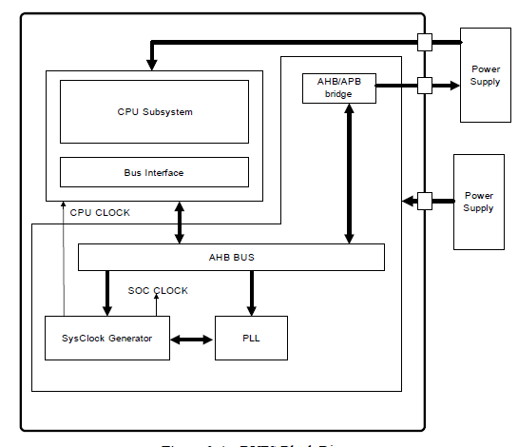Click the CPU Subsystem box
pos(154,111)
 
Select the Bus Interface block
pos(154,172)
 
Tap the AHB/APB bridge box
pos(338,87)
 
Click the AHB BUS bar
pos(231,257)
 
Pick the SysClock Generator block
pos(107,339)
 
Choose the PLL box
pos(251,339)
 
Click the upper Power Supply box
pos(485,75)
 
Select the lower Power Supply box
pos(478,202)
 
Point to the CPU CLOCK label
pos(100,212)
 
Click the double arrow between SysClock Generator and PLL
pos(192,339)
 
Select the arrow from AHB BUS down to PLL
pos(252,293)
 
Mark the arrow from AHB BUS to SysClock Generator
pos(106,293)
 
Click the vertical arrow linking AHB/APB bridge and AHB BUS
pos(350,172)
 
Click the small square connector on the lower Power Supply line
pos(425,201)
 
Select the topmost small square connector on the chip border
pos(425,42)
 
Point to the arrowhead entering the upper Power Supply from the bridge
pos(452,86)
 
